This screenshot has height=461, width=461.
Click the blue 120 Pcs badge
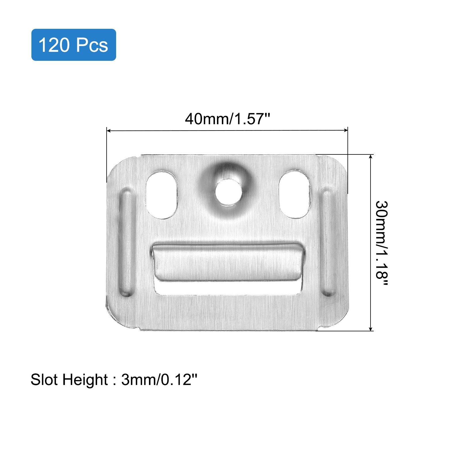[73, 45]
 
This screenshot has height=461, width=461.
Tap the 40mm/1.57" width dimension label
[228, 119]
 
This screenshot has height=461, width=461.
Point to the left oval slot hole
[162, 194]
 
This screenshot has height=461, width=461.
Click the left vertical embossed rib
[127, 243]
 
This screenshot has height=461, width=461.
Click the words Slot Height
[69, 379]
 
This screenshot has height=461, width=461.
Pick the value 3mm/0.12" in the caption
[159, 379]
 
